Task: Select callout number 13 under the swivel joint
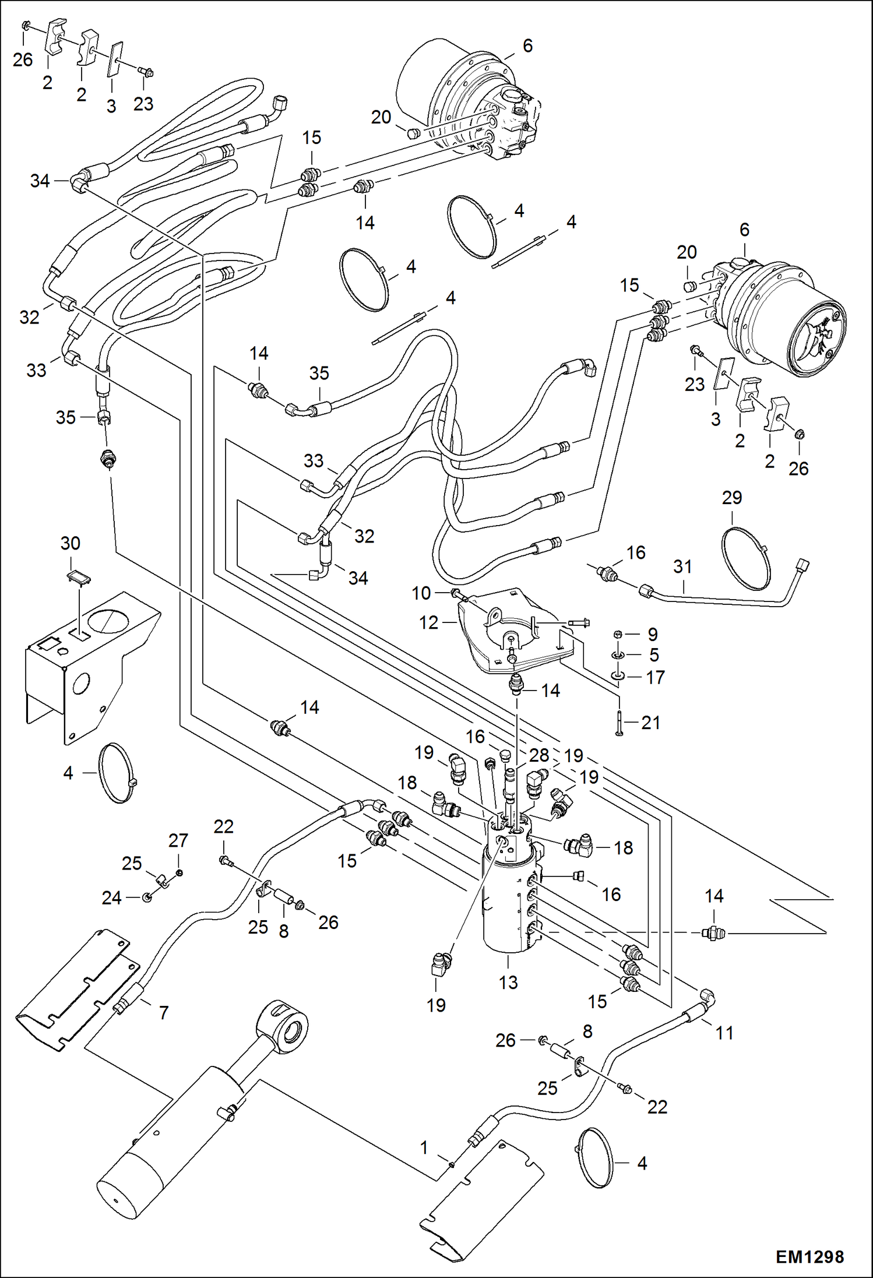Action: point(508,983)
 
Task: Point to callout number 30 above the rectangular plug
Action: point(70,543)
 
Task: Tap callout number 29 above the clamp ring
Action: point(732,498)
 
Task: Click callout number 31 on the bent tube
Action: point(682,566)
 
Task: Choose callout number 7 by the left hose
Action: point(164,1012)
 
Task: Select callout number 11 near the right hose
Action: point(724,1033)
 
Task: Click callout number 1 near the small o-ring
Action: point(424,1147)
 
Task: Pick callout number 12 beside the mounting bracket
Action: point(428,622)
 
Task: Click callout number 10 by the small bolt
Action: point(421,593)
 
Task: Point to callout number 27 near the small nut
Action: point(178,840)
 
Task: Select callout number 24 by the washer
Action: point(111,898)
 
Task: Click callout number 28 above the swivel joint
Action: point(539,755)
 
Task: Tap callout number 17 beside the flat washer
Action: point(655,677)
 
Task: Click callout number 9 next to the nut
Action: point(653,634)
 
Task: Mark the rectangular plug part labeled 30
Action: point(78,578)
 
